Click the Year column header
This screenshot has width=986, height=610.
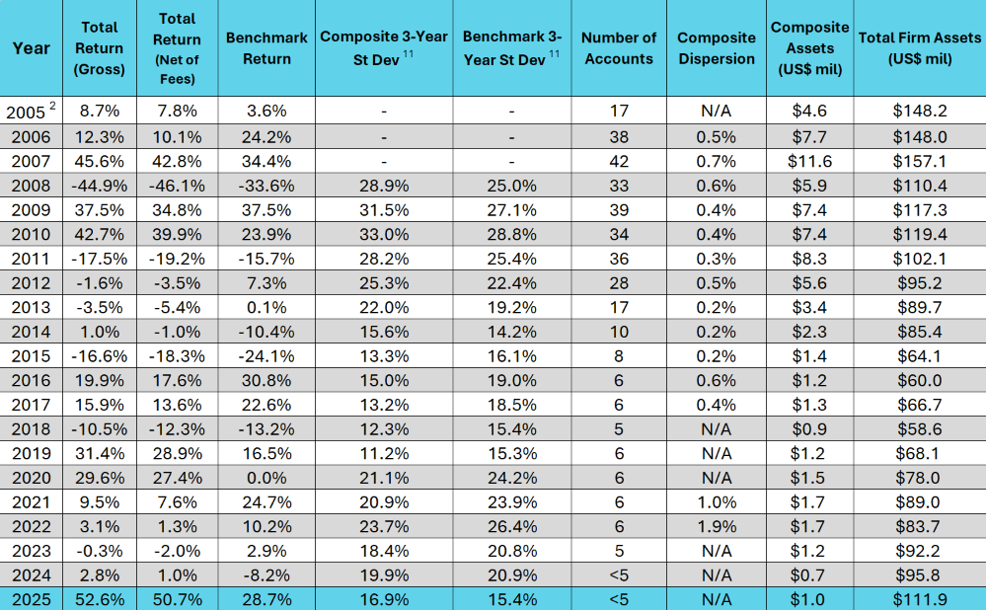tap(31, 47)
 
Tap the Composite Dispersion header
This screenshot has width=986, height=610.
tap(717, 47)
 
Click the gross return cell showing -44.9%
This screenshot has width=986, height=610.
tap(99, 186)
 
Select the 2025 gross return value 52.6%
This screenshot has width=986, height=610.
tap(99, 598)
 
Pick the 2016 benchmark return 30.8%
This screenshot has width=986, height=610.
tap(261, 381)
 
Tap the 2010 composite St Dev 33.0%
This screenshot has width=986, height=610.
tap(384, 234)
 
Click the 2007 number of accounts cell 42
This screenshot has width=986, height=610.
tap(620, 161)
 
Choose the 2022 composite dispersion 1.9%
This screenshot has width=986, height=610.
tap(716, 526)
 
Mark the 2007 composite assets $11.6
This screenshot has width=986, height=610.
tap(810, 161)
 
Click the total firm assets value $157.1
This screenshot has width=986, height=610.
tap(919, 161)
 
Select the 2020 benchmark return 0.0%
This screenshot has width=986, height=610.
tap(261, 478)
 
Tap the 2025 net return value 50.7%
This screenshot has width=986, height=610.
tap(178, 598)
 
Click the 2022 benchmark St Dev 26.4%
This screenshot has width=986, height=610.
tap(511, 526)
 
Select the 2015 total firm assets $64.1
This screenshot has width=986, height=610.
tap(919, 356)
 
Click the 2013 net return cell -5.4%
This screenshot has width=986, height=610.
tap(178, 308)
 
